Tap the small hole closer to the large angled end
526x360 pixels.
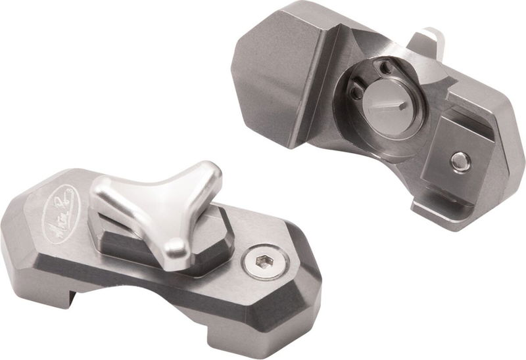coord(356,93)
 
